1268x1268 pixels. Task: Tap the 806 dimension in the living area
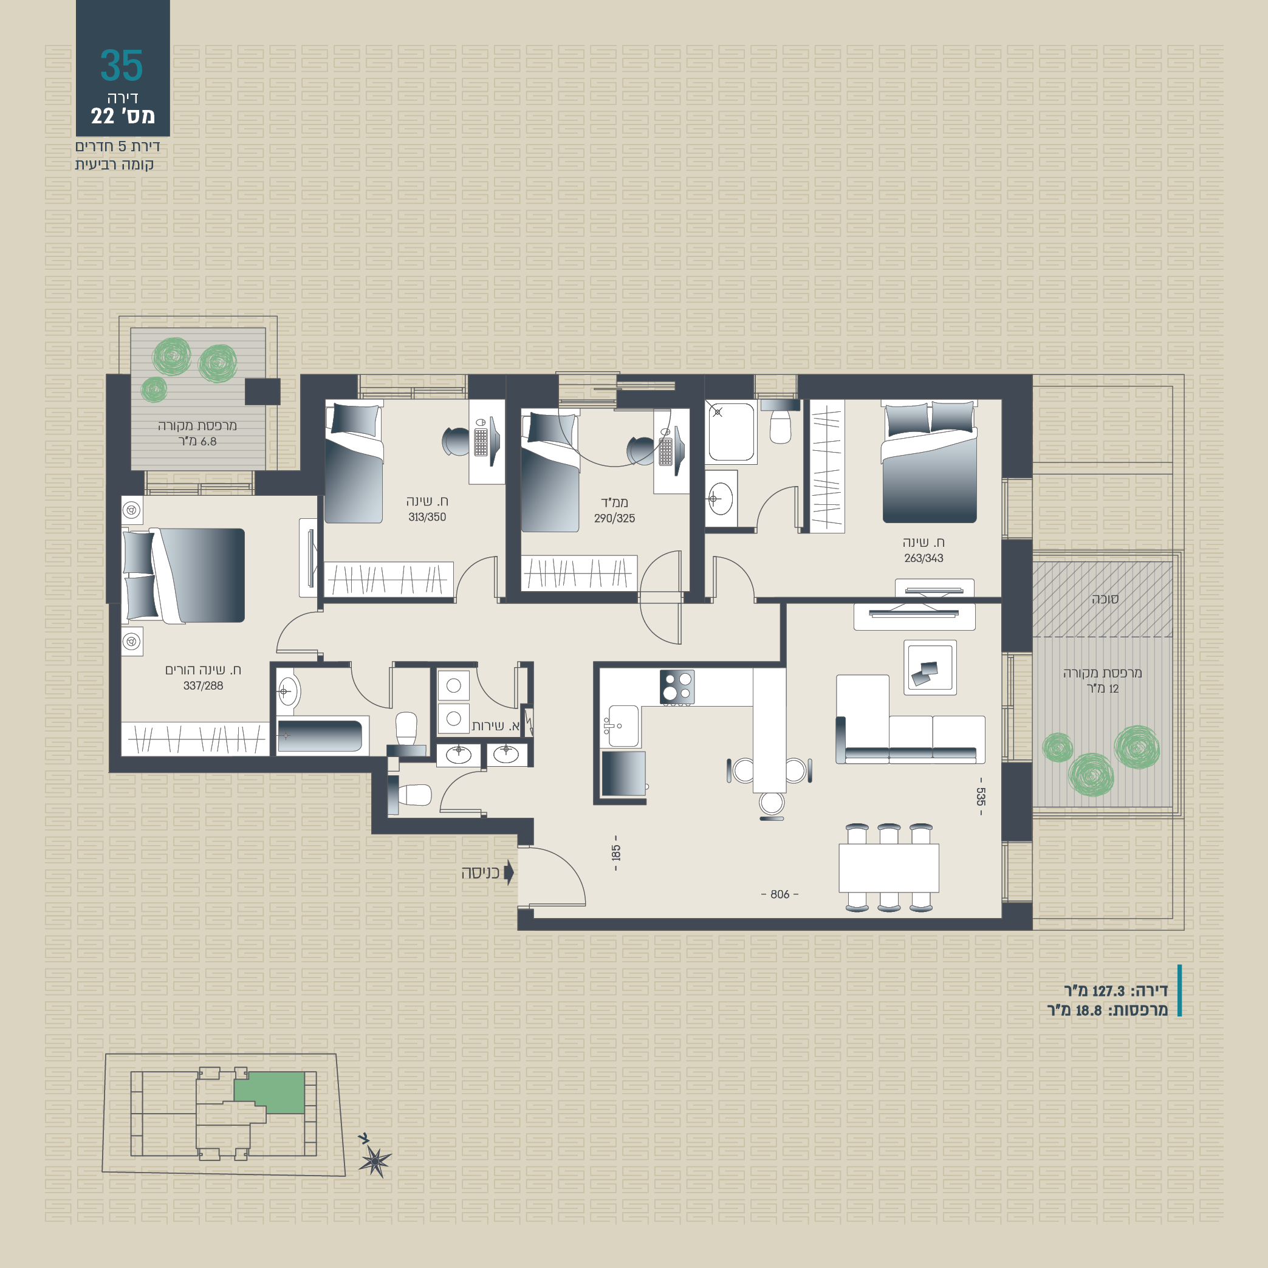tap(780, 894)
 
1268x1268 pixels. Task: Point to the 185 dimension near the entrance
tap(615, 853)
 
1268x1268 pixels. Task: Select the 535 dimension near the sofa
tap(981, 797)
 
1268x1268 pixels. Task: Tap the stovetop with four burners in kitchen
tap(677, 687)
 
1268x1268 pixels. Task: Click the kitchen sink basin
tap(623, 726)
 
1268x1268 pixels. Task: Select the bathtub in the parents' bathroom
tap(320, 736)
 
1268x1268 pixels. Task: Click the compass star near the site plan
tap(375, 1162)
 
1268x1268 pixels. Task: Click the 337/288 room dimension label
tap(203, 686)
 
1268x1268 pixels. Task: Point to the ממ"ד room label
tap(614, 502)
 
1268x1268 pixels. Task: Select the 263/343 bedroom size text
tap(924, 558)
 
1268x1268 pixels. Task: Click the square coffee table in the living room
tap(930, 668)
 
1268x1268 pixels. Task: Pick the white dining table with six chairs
tap(889, 868)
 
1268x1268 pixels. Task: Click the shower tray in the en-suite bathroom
tap(731, 431)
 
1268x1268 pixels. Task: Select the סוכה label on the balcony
tap(1105, 598)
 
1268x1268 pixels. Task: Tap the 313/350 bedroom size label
tap(427, 517)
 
